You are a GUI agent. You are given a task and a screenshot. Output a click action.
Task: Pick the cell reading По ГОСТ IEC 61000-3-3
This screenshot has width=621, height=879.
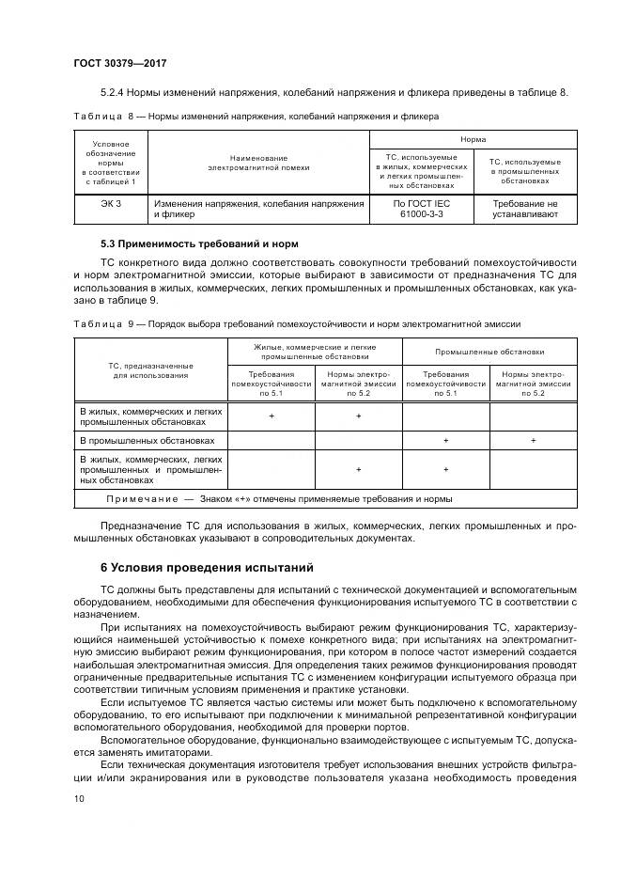[x=416, y=209]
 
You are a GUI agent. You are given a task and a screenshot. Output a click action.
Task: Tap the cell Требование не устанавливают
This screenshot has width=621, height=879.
[x=524, y=209]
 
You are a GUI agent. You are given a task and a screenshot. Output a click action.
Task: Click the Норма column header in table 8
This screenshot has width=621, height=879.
[x=472, y=137]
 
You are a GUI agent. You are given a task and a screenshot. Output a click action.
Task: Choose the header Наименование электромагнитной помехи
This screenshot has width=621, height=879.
[x=258, y=163]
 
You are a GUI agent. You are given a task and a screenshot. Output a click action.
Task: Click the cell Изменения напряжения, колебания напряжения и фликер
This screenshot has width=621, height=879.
[x=258, y=209]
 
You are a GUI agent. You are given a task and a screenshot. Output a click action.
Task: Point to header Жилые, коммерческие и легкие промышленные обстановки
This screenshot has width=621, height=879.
[x=315, y=352]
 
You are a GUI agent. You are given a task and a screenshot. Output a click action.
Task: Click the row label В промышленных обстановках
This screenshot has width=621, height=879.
[x=147, y=440]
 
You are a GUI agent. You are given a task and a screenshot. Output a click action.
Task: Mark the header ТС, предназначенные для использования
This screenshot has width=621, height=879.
[x=150, y=369]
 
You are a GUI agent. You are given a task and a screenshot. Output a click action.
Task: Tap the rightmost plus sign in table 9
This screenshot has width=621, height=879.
[x=533, y=440]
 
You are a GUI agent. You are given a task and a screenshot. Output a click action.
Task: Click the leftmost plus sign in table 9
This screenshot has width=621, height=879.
[x=272, y=416]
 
